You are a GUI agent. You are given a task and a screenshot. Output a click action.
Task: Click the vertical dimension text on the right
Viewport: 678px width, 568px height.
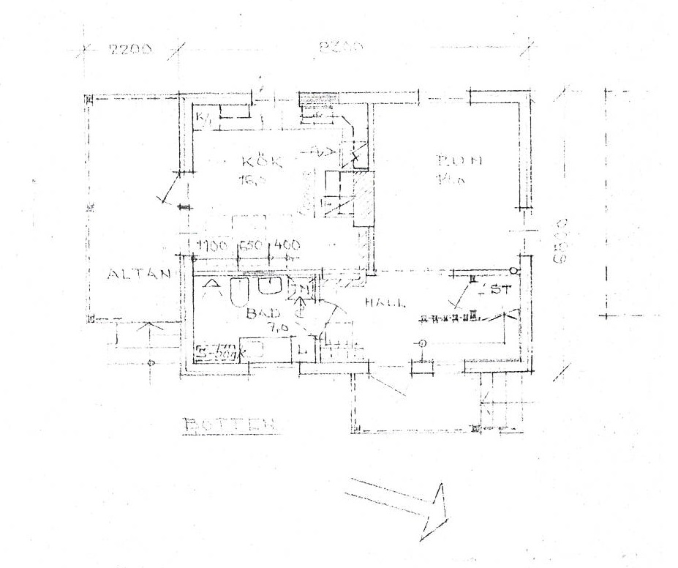pos(561,239)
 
